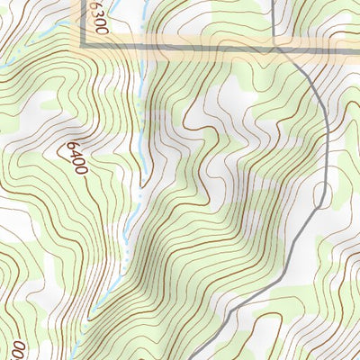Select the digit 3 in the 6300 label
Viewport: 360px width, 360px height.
click(98, 20)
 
